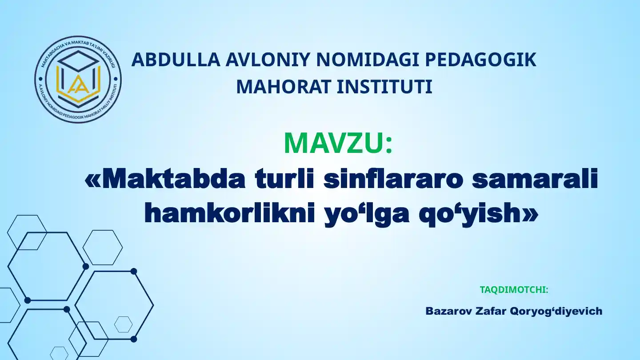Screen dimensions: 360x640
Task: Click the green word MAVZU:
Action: [338, 143]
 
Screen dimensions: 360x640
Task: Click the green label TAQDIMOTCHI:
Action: [514, 290]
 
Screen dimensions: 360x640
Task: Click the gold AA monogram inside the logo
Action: [78, 85]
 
